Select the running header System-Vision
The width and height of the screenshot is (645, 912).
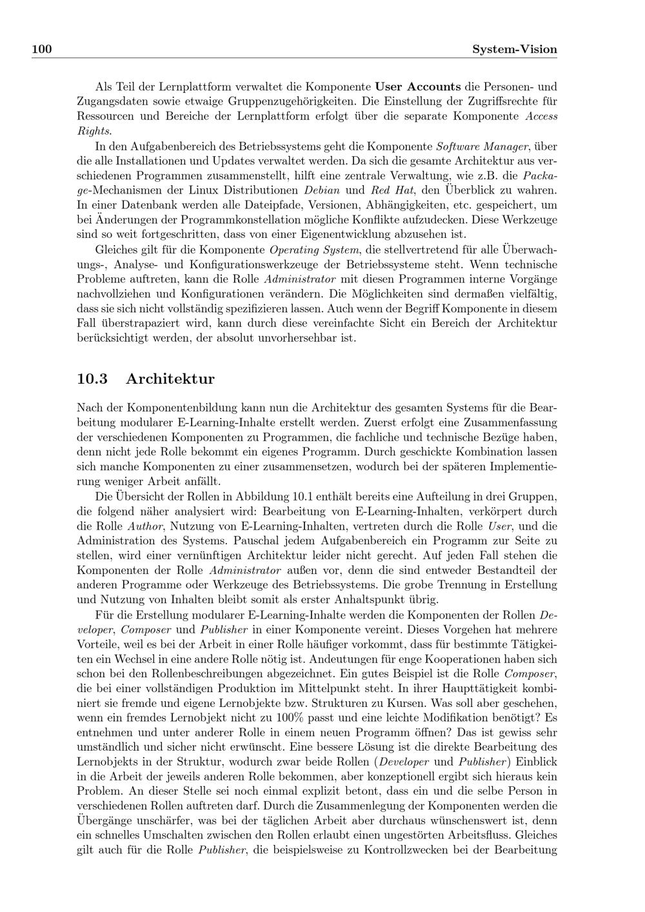pos(514,49)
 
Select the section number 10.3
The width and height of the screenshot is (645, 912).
pos(92,379)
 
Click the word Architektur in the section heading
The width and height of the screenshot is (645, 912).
pos(170,379)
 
